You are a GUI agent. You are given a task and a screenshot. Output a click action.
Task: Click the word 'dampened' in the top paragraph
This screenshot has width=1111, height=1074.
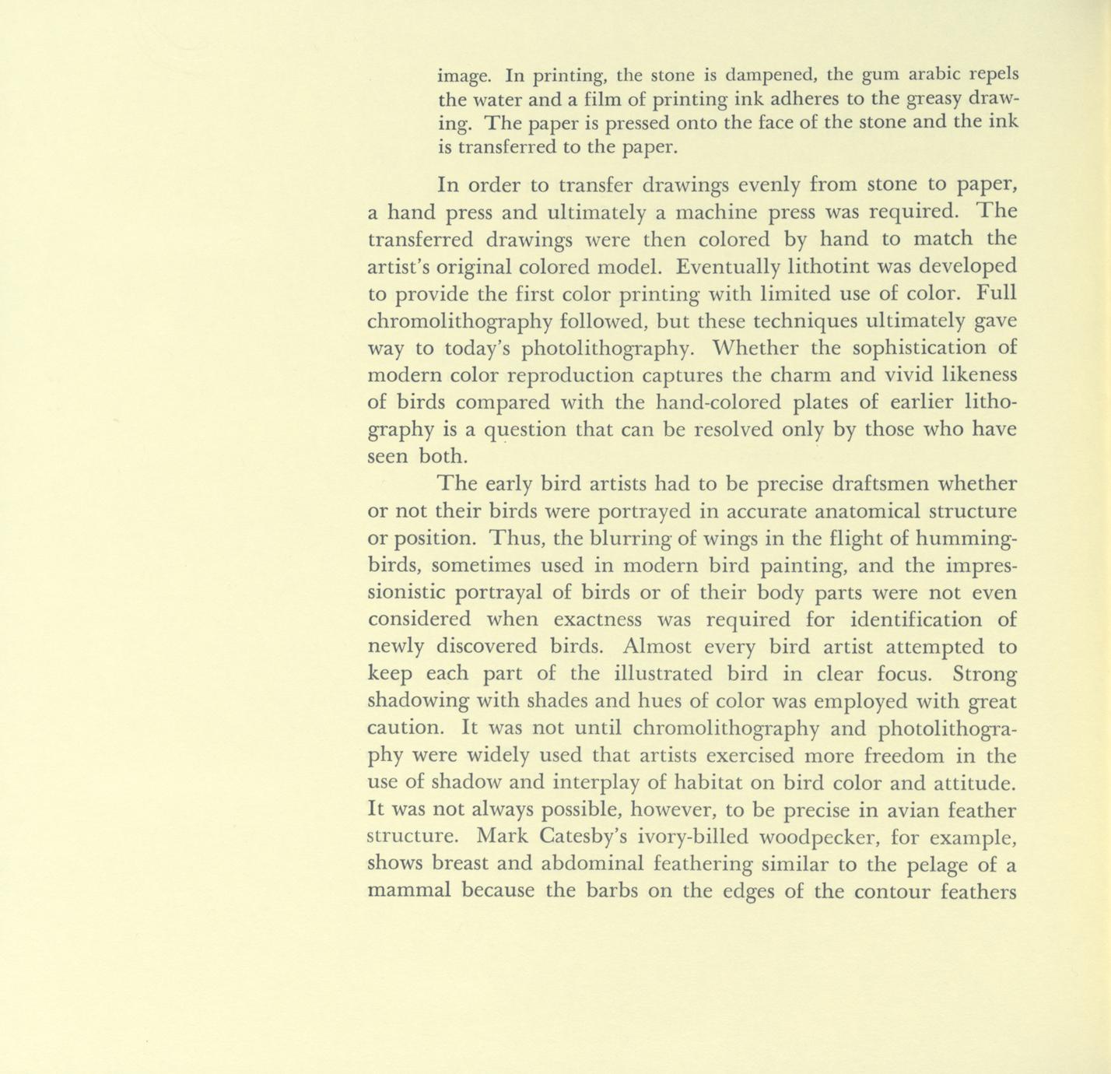click(x=769, y=75)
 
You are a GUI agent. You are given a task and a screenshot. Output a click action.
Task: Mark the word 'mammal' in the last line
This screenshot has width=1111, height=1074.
click(x=408, y=891)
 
